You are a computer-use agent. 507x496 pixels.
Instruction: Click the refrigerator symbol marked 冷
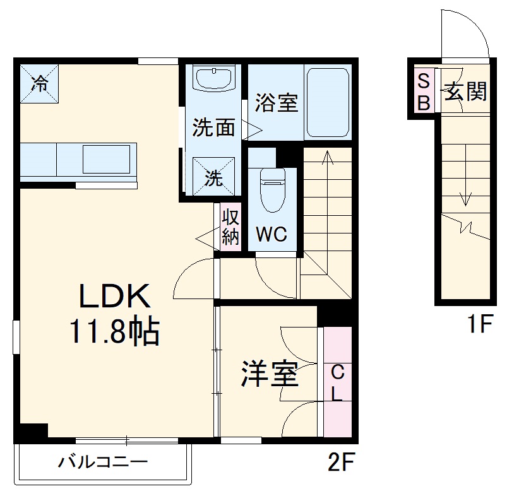pyautogui.click(x=39, y=83)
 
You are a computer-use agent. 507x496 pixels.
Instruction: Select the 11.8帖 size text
pyautogui.click(x=114, y=331)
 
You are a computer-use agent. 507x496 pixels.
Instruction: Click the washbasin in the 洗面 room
pyautogui.click(x=214, y=80)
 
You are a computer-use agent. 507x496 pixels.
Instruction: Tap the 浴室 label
pyautogui.click(x=276, y=102)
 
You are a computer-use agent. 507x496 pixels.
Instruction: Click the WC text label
pyautogui.click(x=271, y=235)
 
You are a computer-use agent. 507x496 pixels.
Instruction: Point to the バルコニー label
pyautogui.click(x=103, y=463)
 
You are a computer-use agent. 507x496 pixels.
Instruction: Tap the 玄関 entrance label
pyautogui.click(x=466, y=92)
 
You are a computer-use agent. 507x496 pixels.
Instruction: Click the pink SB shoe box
pyautogui.click(x=424, y=91)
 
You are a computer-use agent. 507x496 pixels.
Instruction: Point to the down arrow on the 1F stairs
pyautogui.click(x=466, y=183)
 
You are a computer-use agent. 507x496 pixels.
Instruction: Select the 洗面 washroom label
pyautogui.click(x=213, y=127)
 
